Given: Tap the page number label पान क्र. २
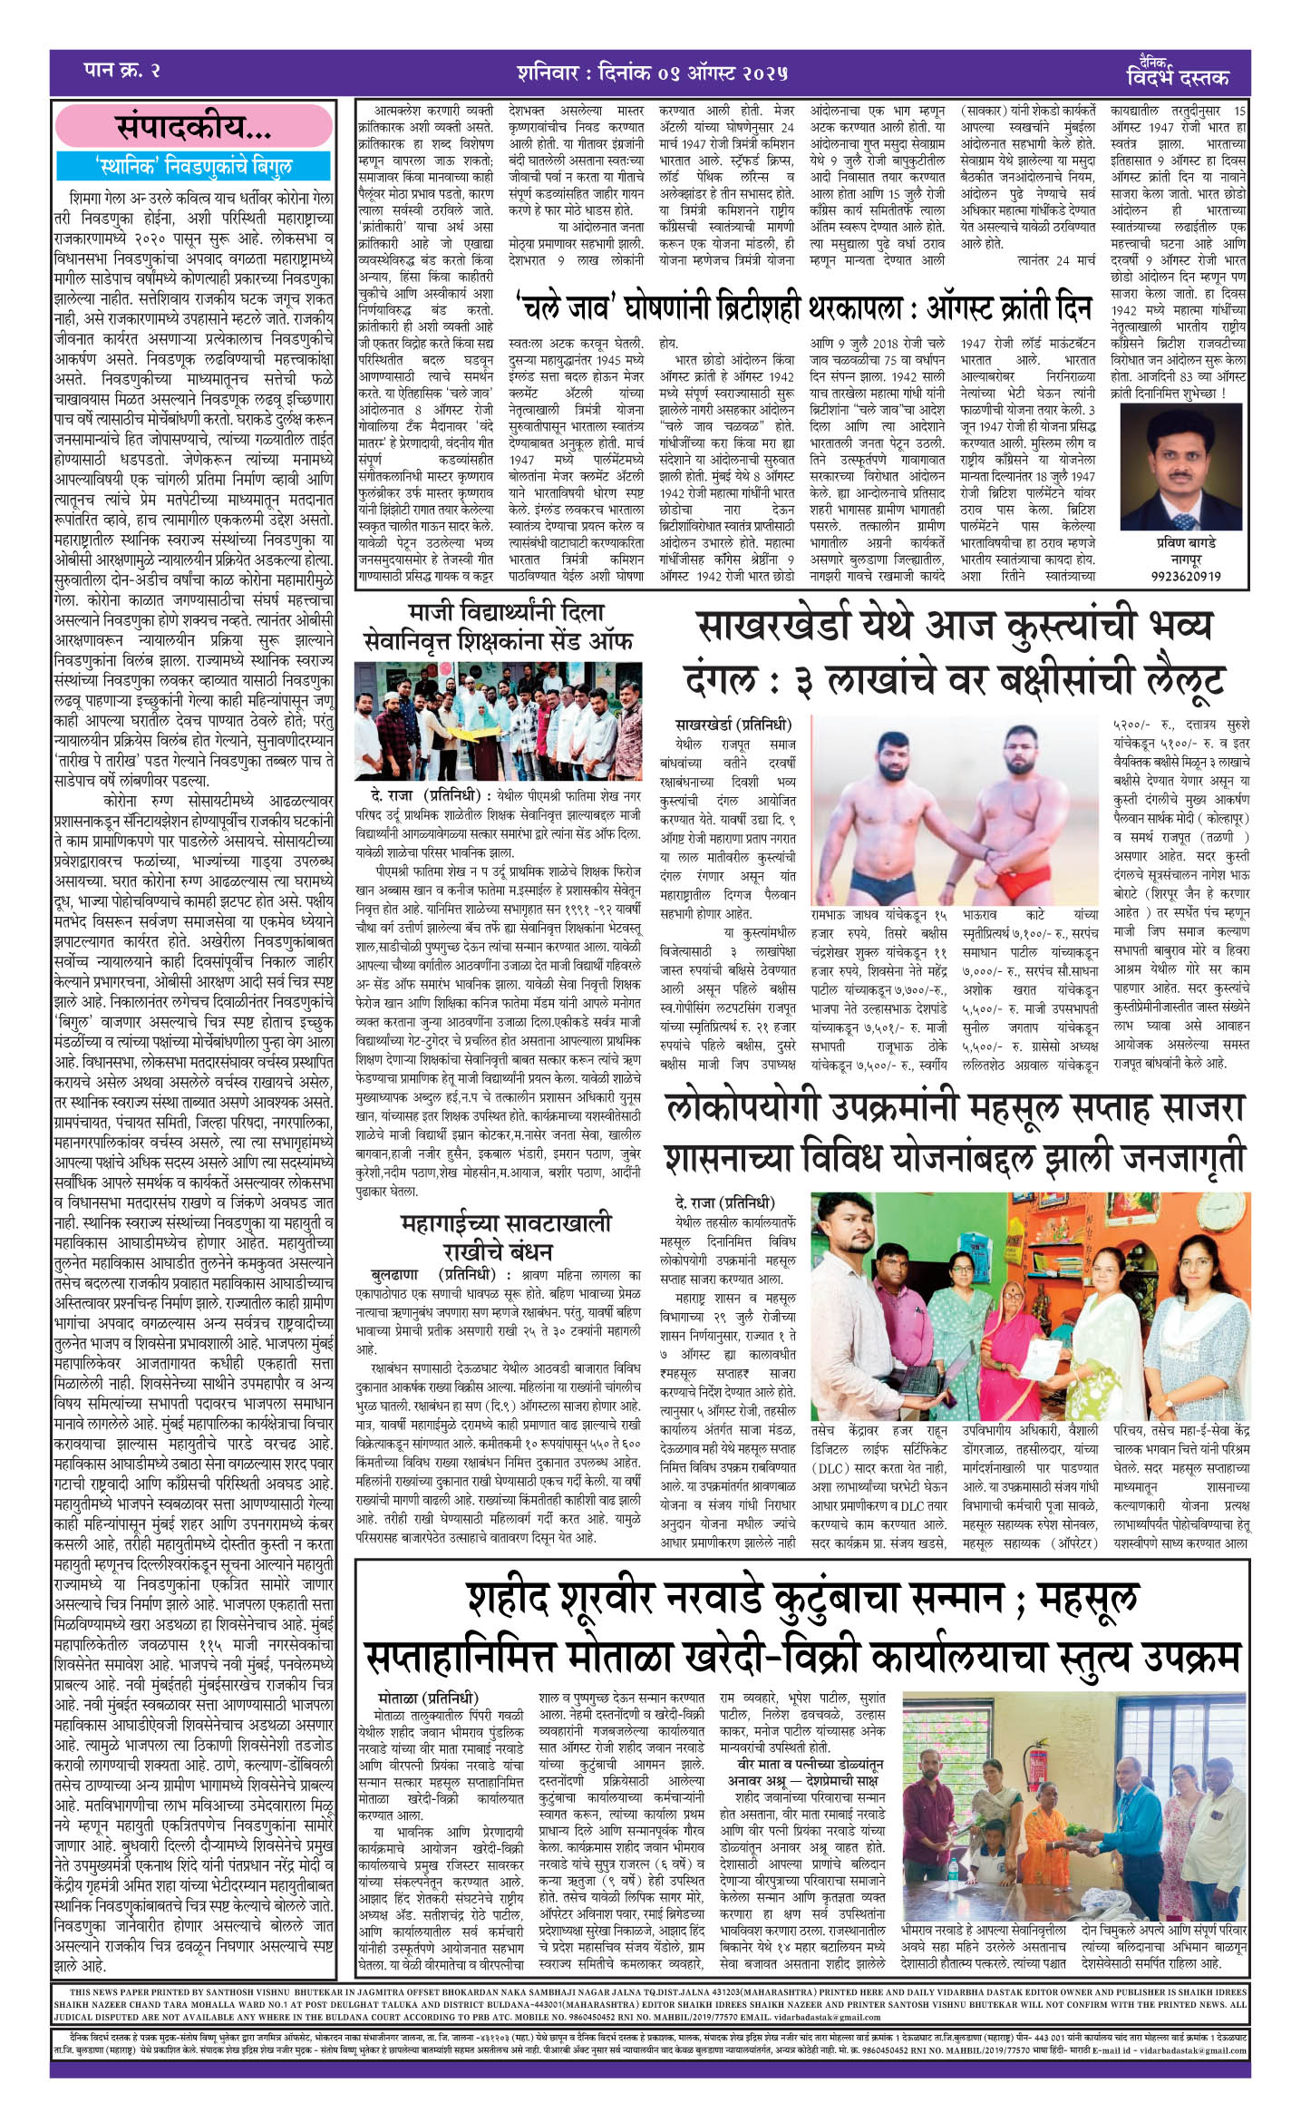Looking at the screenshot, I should click(x=121, y=70).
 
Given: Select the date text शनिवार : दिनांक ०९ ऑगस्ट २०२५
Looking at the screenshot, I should click(x=653, y=71).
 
